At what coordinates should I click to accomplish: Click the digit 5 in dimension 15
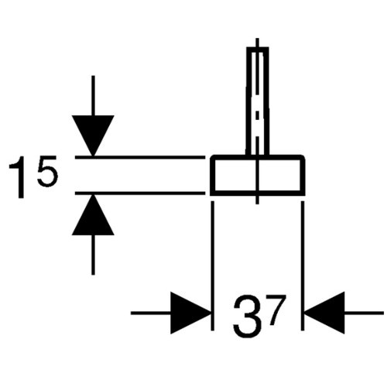pos(47,171)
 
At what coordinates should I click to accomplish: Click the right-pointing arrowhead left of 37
pos(190,313)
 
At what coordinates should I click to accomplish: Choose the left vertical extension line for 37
pos(212,265)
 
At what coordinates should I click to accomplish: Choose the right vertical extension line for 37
pos(303,265)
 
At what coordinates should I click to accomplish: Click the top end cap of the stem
pos(258,48)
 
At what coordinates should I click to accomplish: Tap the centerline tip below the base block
pos(257,204)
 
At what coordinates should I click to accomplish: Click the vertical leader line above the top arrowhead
pos(93,95)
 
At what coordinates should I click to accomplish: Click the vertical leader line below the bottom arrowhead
pos(93,255)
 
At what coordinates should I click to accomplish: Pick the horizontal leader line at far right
pos(365,313)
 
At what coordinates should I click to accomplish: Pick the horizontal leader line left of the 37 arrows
pos(151,313)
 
